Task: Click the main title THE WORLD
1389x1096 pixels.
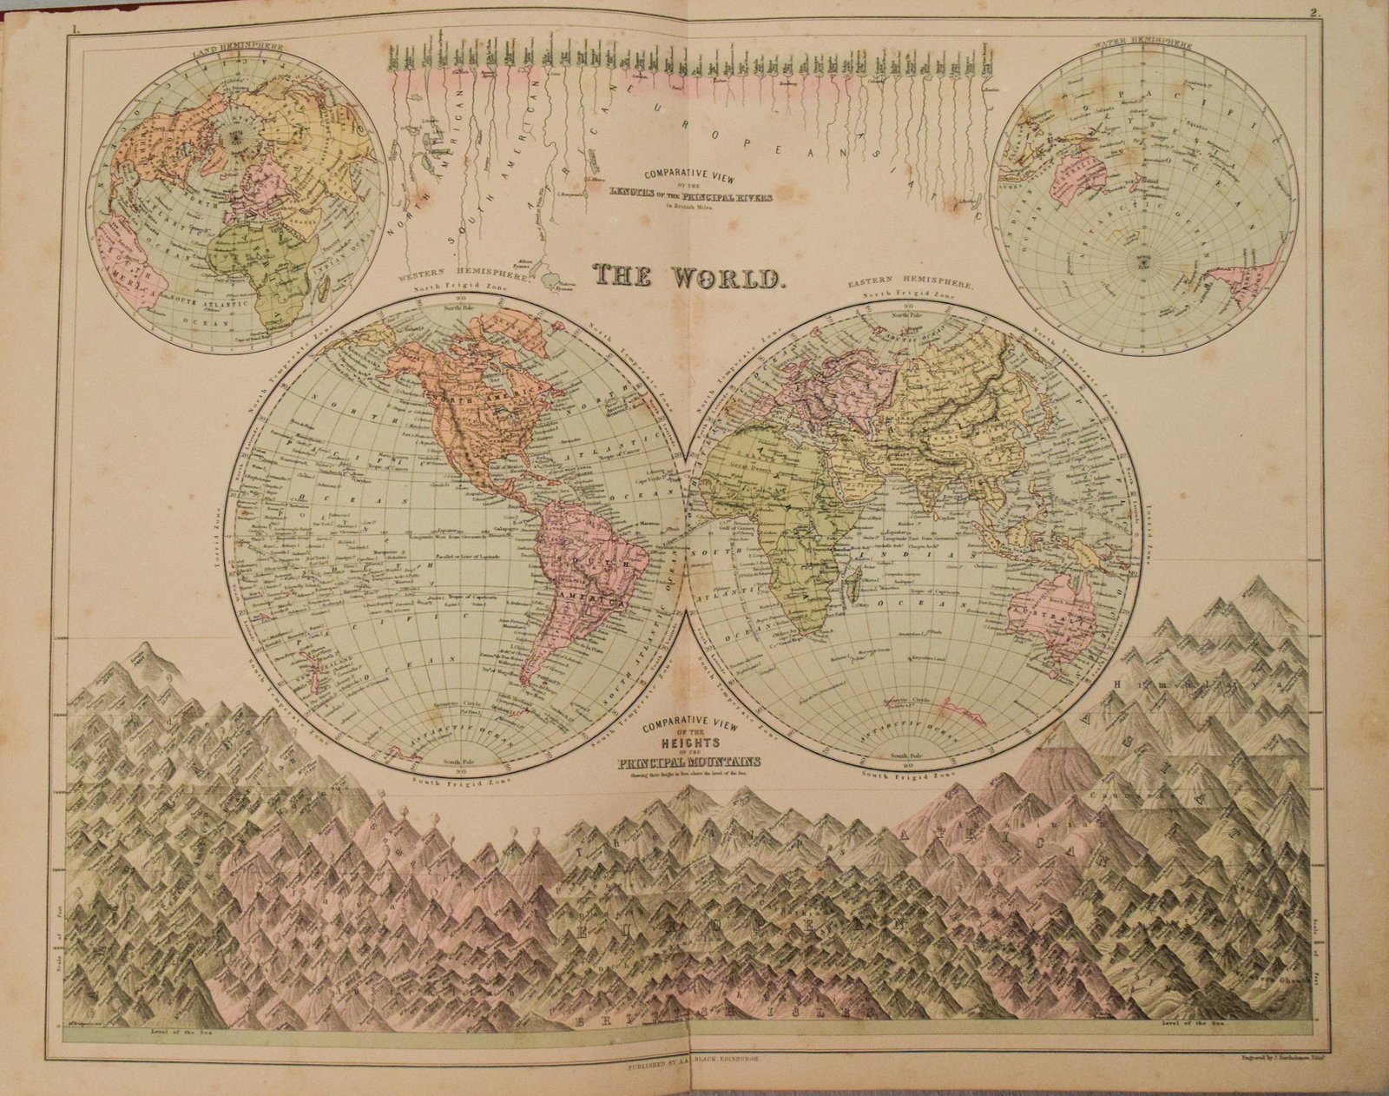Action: pyautogui.click(x=689, y=277)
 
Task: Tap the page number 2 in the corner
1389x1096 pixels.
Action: pyautogui.click(x=1315, y=12)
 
